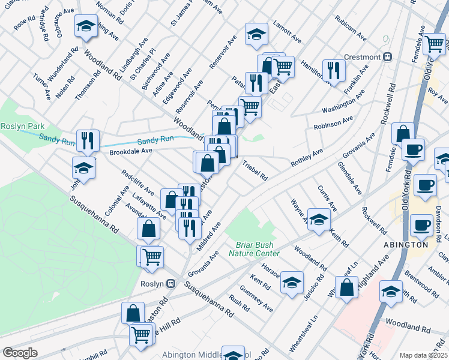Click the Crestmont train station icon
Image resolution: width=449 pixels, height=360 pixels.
click(x=388, y=57)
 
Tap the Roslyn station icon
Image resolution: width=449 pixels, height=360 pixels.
click(x=171, y=283)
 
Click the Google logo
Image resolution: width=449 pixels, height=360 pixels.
click(x=19, y=353)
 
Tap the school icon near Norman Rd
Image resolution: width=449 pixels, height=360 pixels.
click(x=86, y=26)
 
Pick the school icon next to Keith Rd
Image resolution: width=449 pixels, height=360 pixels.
click(x=319, y=220)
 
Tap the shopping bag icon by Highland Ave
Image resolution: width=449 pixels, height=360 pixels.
click(x=346, y=287)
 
